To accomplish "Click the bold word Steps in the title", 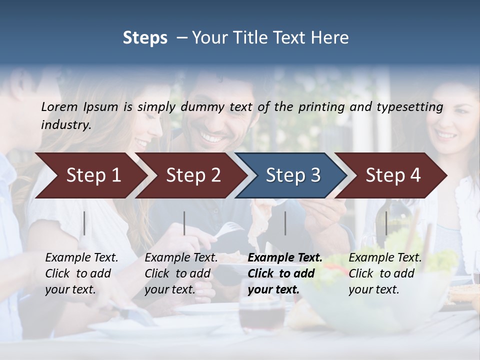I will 145,38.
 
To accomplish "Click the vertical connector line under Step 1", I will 84,223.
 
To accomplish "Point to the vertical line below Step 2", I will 184,223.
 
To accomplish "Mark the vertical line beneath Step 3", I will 285,223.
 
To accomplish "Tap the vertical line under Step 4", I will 386,223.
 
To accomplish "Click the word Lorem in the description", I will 59,106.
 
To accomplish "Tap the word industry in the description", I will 66,125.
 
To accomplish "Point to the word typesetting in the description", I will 409,106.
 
